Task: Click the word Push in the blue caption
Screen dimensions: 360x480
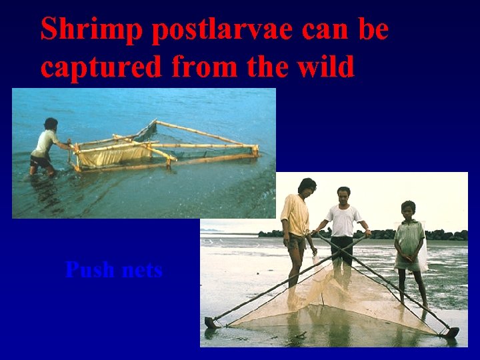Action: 89,270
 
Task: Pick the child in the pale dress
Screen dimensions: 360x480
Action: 409,247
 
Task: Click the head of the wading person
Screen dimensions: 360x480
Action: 51,124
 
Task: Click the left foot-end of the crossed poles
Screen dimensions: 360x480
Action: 211,323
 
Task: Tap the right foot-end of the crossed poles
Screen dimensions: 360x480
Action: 453,331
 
